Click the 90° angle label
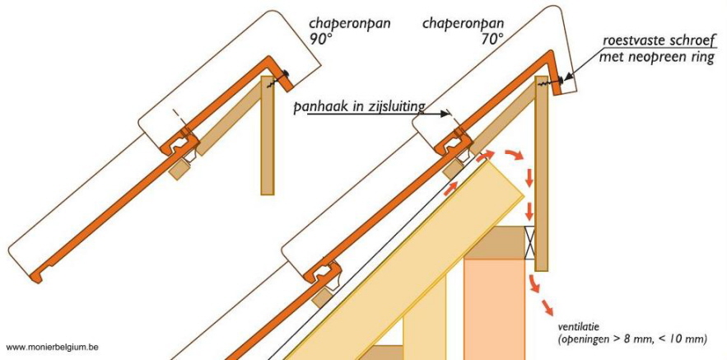pos(321,39)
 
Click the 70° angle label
pos(492,39)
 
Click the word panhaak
pos(315,107)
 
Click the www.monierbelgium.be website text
pos(52,347)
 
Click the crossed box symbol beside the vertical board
pos(529,243)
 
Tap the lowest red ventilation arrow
pos(546,306)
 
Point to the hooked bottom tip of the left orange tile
pos(36,278)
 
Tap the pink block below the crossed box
pos(494,308)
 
